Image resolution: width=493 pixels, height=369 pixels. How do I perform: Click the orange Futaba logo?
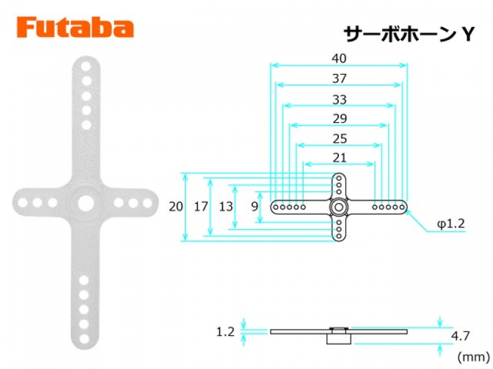75,28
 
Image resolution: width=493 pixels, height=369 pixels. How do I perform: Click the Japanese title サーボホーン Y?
409,34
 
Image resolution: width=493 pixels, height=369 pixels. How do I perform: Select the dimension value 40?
339,58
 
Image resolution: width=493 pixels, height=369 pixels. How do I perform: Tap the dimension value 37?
340,79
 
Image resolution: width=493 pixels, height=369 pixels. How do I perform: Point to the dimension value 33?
340,100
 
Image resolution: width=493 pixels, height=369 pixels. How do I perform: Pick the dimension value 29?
340,119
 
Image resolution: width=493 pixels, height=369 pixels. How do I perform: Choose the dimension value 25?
340,139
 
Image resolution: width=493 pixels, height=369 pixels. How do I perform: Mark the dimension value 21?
340,157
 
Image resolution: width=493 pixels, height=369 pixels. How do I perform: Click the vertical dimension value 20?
176,207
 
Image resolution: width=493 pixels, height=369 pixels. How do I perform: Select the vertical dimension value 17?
201,207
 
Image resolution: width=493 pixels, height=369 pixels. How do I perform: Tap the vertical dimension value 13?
226,207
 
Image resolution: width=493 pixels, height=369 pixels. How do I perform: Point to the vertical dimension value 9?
255,207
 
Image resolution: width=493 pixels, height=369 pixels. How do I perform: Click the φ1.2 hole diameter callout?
451,223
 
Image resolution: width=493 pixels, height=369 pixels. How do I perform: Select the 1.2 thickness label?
226,331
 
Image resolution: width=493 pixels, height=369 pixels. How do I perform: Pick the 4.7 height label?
460,336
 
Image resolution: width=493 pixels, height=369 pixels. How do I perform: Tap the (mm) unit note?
473,357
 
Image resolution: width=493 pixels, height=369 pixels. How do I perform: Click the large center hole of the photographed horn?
86,204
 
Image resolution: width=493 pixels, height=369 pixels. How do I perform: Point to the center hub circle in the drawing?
338,207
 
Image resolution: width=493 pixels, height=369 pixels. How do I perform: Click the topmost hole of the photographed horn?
86,66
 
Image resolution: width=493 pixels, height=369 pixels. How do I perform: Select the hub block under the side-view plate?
338,339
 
